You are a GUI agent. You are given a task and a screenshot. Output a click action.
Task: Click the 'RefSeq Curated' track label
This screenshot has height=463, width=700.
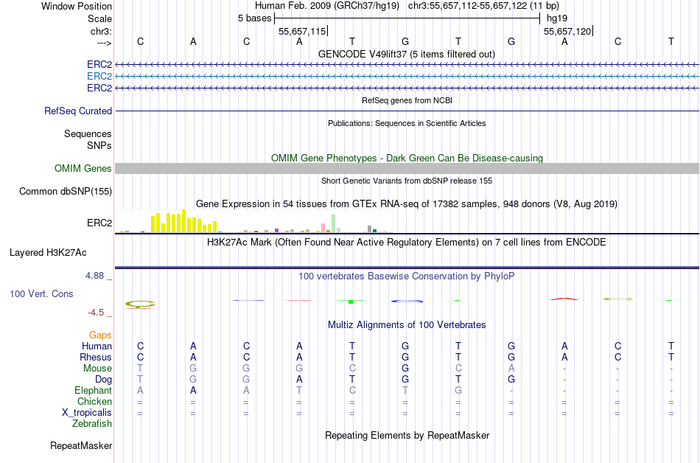pos(78,111)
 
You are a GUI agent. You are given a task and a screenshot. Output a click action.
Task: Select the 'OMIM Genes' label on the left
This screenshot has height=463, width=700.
pos(83,169)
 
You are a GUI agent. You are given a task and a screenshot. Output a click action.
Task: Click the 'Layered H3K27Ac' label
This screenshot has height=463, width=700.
pos(48,252)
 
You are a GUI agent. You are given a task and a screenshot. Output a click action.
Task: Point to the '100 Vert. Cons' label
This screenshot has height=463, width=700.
pos(41,293)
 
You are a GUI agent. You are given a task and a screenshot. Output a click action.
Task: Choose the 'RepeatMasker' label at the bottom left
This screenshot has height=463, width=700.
pos(81,445)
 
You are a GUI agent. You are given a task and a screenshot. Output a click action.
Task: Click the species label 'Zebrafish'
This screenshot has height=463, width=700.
pos(92,424)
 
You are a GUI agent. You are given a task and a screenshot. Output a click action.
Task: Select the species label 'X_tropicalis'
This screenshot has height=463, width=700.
pos(87,413)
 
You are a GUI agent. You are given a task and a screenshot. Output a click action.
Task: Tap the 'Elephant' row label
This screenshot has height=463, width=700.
pos(93,391)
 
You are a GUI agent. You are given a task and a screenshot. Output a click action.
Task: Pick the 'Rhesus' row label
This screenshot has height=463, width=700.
pos(96,358)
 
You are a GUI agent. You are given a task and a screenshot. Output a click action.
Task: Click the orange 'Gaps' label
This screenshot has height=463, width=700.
pos(100,335)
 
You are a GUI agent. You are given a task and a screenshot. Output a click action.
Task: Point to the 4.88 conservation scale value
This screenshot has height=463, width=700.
pos(98,276)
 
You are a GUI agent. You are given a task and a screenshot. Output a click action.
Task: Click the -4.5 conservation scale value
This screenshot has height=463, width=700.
pos(100,313)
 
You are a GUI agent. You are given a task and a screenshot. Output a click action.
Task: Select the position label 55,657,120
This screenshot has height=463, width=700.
pos(567,32)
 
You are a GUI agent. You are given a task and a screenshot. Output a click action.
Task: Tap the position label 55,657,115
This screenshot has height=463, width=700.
pos(301,32)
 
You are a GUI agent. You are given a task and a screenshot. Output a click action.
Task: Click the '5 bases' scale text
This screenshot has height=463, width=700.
pos(254,18)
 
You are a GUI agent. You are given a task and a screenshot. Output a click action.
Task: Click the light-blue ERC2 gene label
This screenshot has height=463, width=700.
pos(99,76)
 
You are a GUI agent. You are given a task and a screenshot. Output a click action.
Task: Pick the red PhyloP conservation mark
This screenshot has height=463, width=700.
pos(564,298)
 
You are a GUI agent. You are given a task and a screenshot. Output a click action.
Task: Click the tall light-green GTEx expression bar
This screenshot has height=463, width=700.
pos(334,223)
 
